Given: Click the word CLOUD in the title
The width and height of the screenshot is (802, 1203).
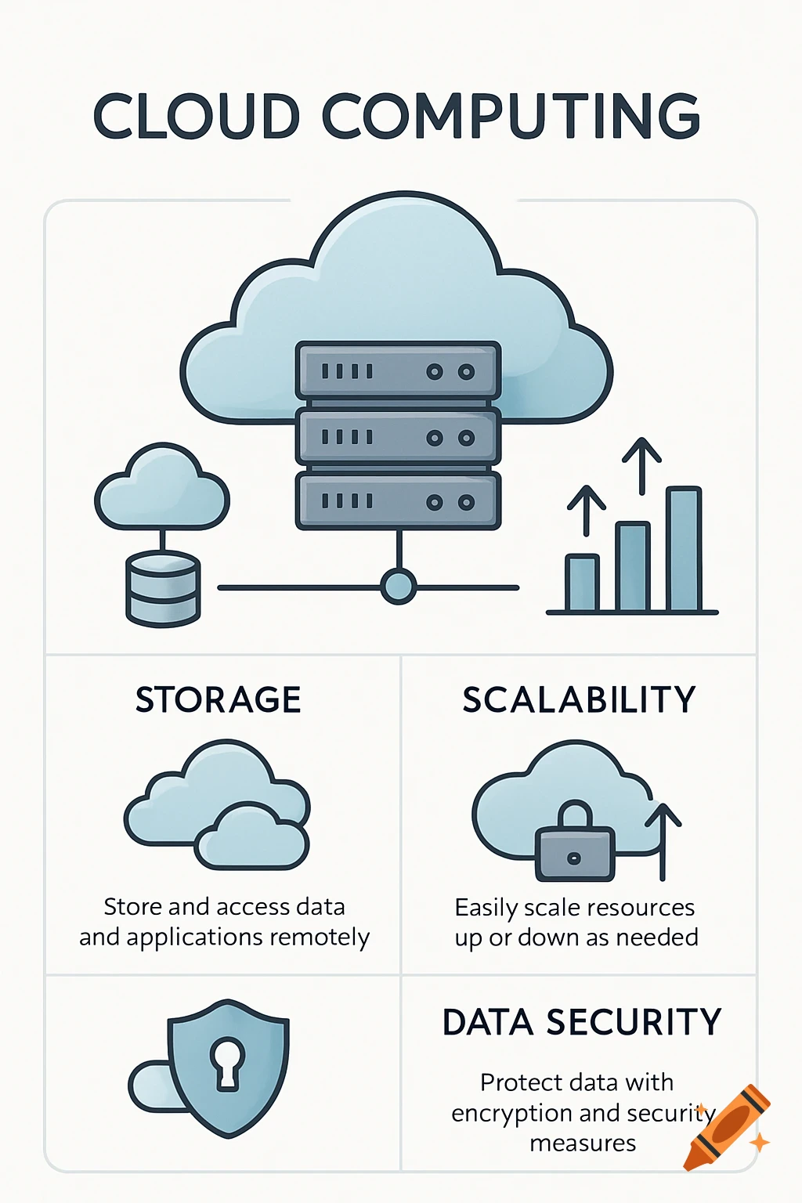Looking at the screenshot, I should tap(197, 117).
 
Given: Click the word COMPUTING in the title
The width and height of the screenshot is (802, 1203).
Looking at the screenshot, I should tap(511, 117).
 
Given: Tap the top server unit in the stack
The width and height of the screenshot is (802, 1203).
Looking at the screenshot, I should tap(398, 370).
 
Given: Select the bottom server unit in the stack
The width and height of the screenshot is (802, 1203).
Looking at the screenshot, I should tap(398, 501).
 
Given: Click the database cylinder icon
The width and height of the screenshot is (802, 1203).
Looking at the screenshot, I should tap(163, 588).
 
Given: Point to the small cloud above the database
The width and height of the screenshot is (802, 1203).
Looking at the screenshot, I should tap(161, 489).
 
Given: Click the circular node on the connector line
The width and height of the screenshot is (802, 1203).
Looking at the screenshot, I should tap(398, 587).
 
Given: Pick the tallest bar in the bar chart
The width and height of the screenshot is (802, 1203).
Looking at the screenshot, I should tap(683, 548).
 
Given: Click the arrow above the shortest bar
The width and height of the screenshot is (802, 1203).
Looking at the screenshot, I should tap(587, 508).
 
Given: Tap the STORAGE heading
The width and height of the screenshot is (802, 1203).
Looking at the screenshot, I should tap(218, 699).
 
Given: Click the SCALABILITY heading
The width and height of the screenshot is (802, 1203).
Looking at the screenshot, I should tap(579, 699).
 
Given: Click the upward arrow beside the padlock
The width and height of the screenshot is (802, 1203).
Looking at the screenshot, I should tap(663, 838).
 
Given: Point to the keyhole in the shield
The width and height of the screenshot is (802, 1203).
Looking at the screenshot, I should tap(227, 1062).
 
